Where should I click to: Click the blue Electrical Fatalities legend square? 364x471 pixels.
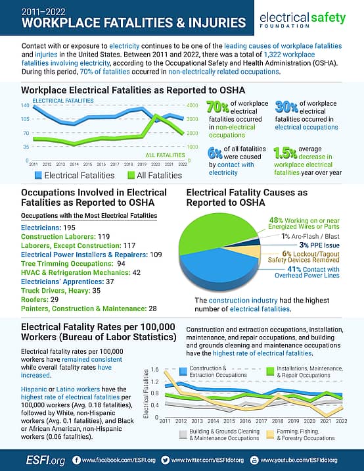click(38, 175)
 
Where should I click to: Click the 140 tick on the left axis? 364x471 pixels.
click(25, 105)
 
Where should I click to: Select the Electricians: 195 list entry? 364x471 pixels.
click(47, 226)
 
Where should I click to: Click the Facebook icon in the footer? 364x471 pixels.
click(76, 459)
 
